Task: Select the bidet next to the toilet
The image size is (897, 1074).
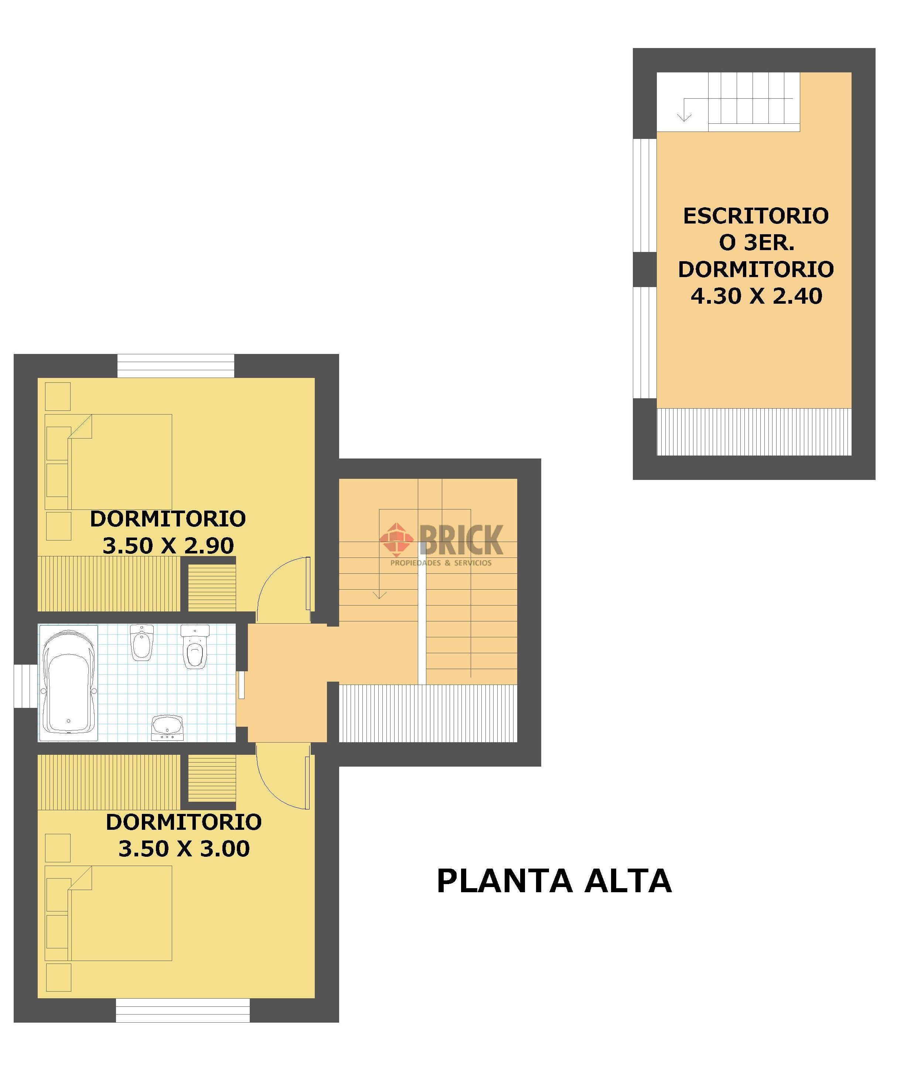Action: pyautogui.click(x=141, y=642)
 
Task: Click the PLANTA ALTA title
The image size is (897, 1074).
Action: pyautogui.click(x=554, y=881)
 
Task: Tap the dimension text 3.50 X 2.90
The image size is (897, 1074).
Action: pyautogui.click(x=168, y=546)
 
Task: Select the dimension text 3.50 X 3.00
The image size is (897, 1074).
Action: pyautogui.click(x=184, y=849)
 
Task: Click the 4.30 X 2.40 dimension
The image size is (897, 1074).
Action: pyautogui.click(x=756, y=296)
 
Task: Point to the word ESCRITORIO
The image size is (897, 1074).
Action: pyautogui.click(x=756, y=216)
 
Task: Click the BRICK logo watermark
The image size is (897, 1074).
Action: pyautogui.click(x=441, y=544)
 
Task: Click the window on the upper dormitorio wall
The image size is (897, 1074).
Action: pyautogui.click(x=176, y=366)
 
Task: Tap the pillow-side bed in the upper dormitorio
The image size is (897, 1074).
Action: pyautogui.click(x=108, y=462)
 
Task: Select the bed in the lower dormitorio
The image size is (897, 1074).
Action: pyautogui.click(x=108, y=913)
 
